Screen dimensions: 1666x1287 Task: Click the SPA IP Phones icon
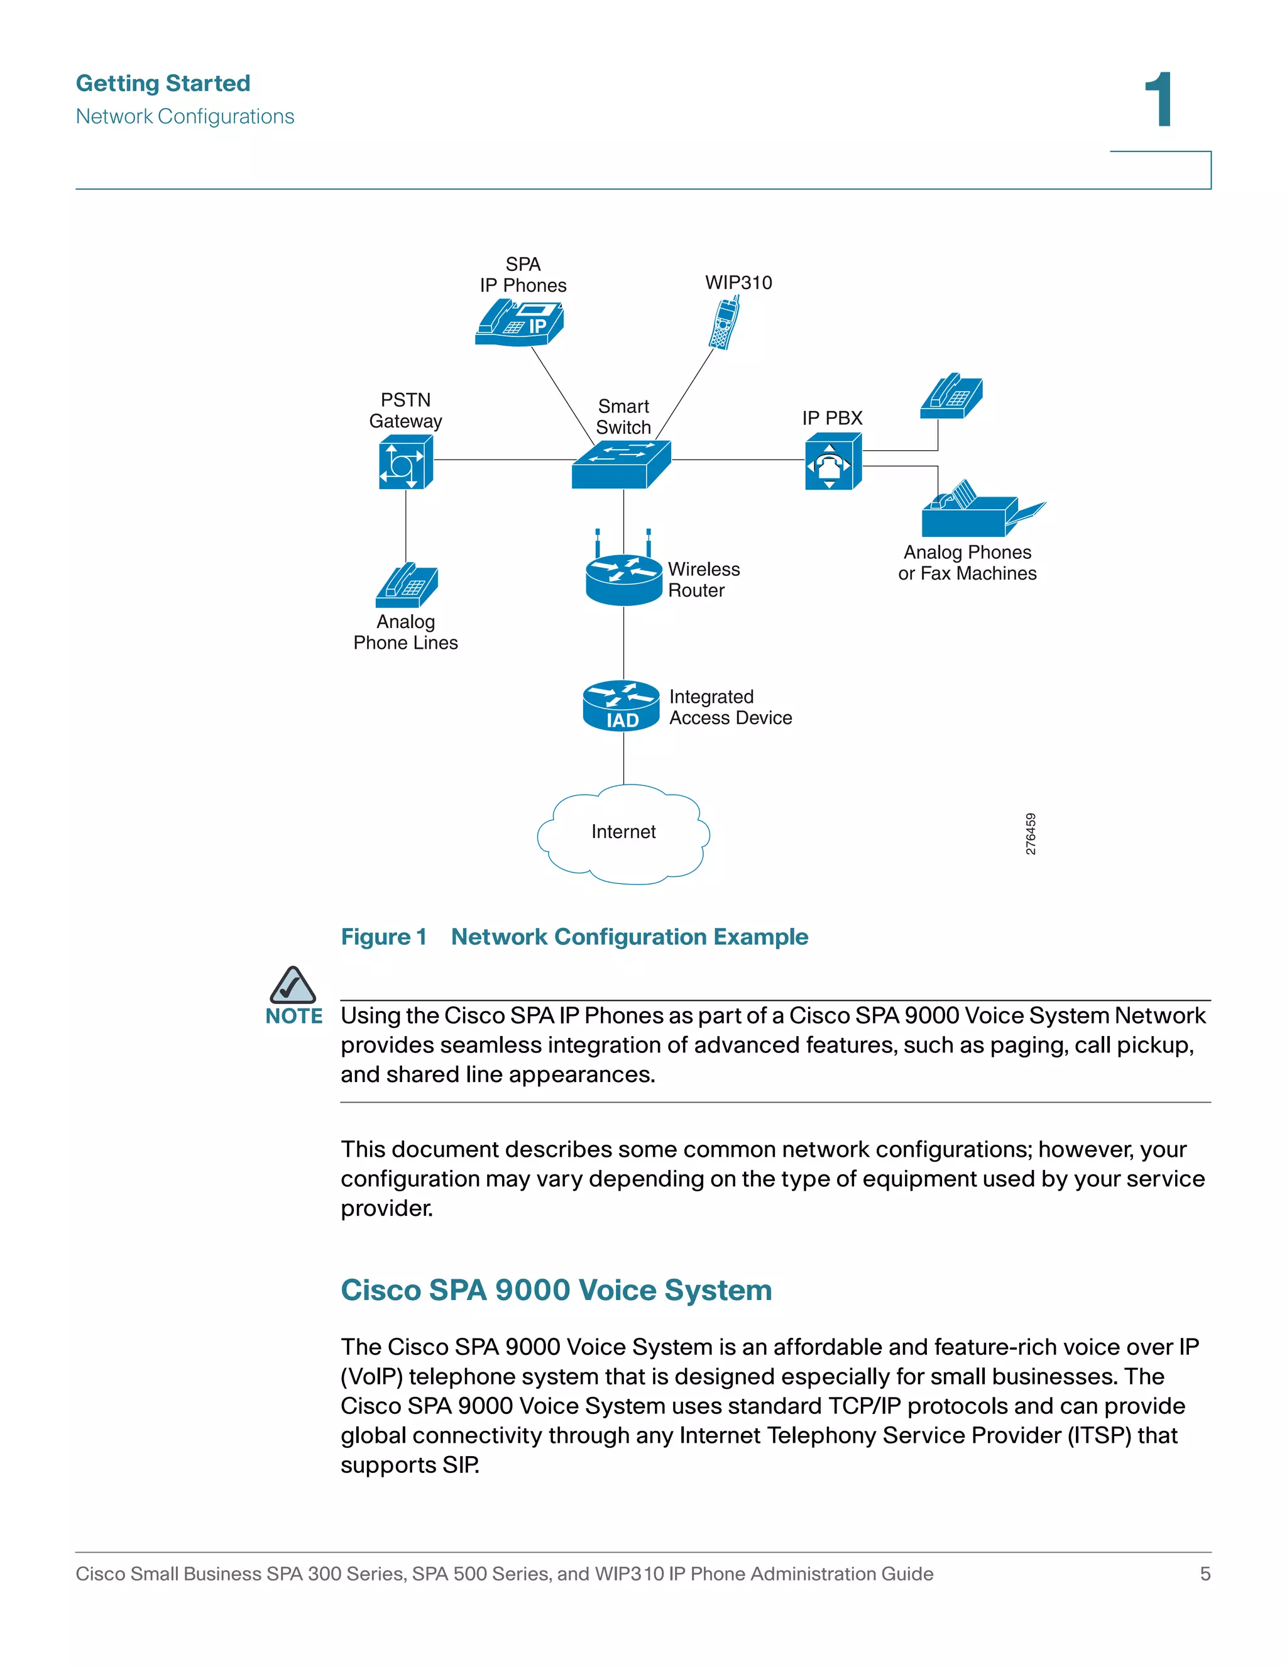[x=519, y=323]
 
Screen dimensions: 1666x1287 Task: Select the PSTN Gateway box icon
[x=405, y=462]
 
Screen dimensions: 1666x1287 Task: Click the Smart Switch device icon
[x=621, y=464]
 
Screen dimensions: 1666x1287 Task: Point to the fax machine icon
[x=980, y=511]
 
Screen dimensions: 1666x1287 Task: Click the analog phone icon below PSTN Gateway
[x=407, y=586]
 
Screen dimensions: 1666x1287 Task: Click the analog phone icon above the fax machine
[x=951, y=397]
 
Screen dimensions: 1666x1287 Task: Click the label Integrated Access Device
[x=730, y=707]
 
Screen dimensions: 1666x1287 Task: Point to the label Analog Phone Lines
[x=405, y=632]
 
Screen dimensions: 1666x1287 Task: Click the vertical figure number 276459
[x=1030, y=834]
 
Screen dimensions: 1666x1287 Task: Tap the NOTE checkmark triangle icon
[x=292, y=986]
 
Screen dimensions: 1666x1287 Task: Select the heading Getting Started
[x=163, y=83]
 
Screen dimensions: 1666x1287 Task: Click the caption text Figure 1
[x=383, y=937]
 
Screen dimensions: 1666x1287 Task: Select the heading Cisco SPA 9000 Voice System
[x=556, y=1290]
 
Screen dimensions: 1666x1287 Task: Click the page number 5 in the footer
[x=1205, y=1574]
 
